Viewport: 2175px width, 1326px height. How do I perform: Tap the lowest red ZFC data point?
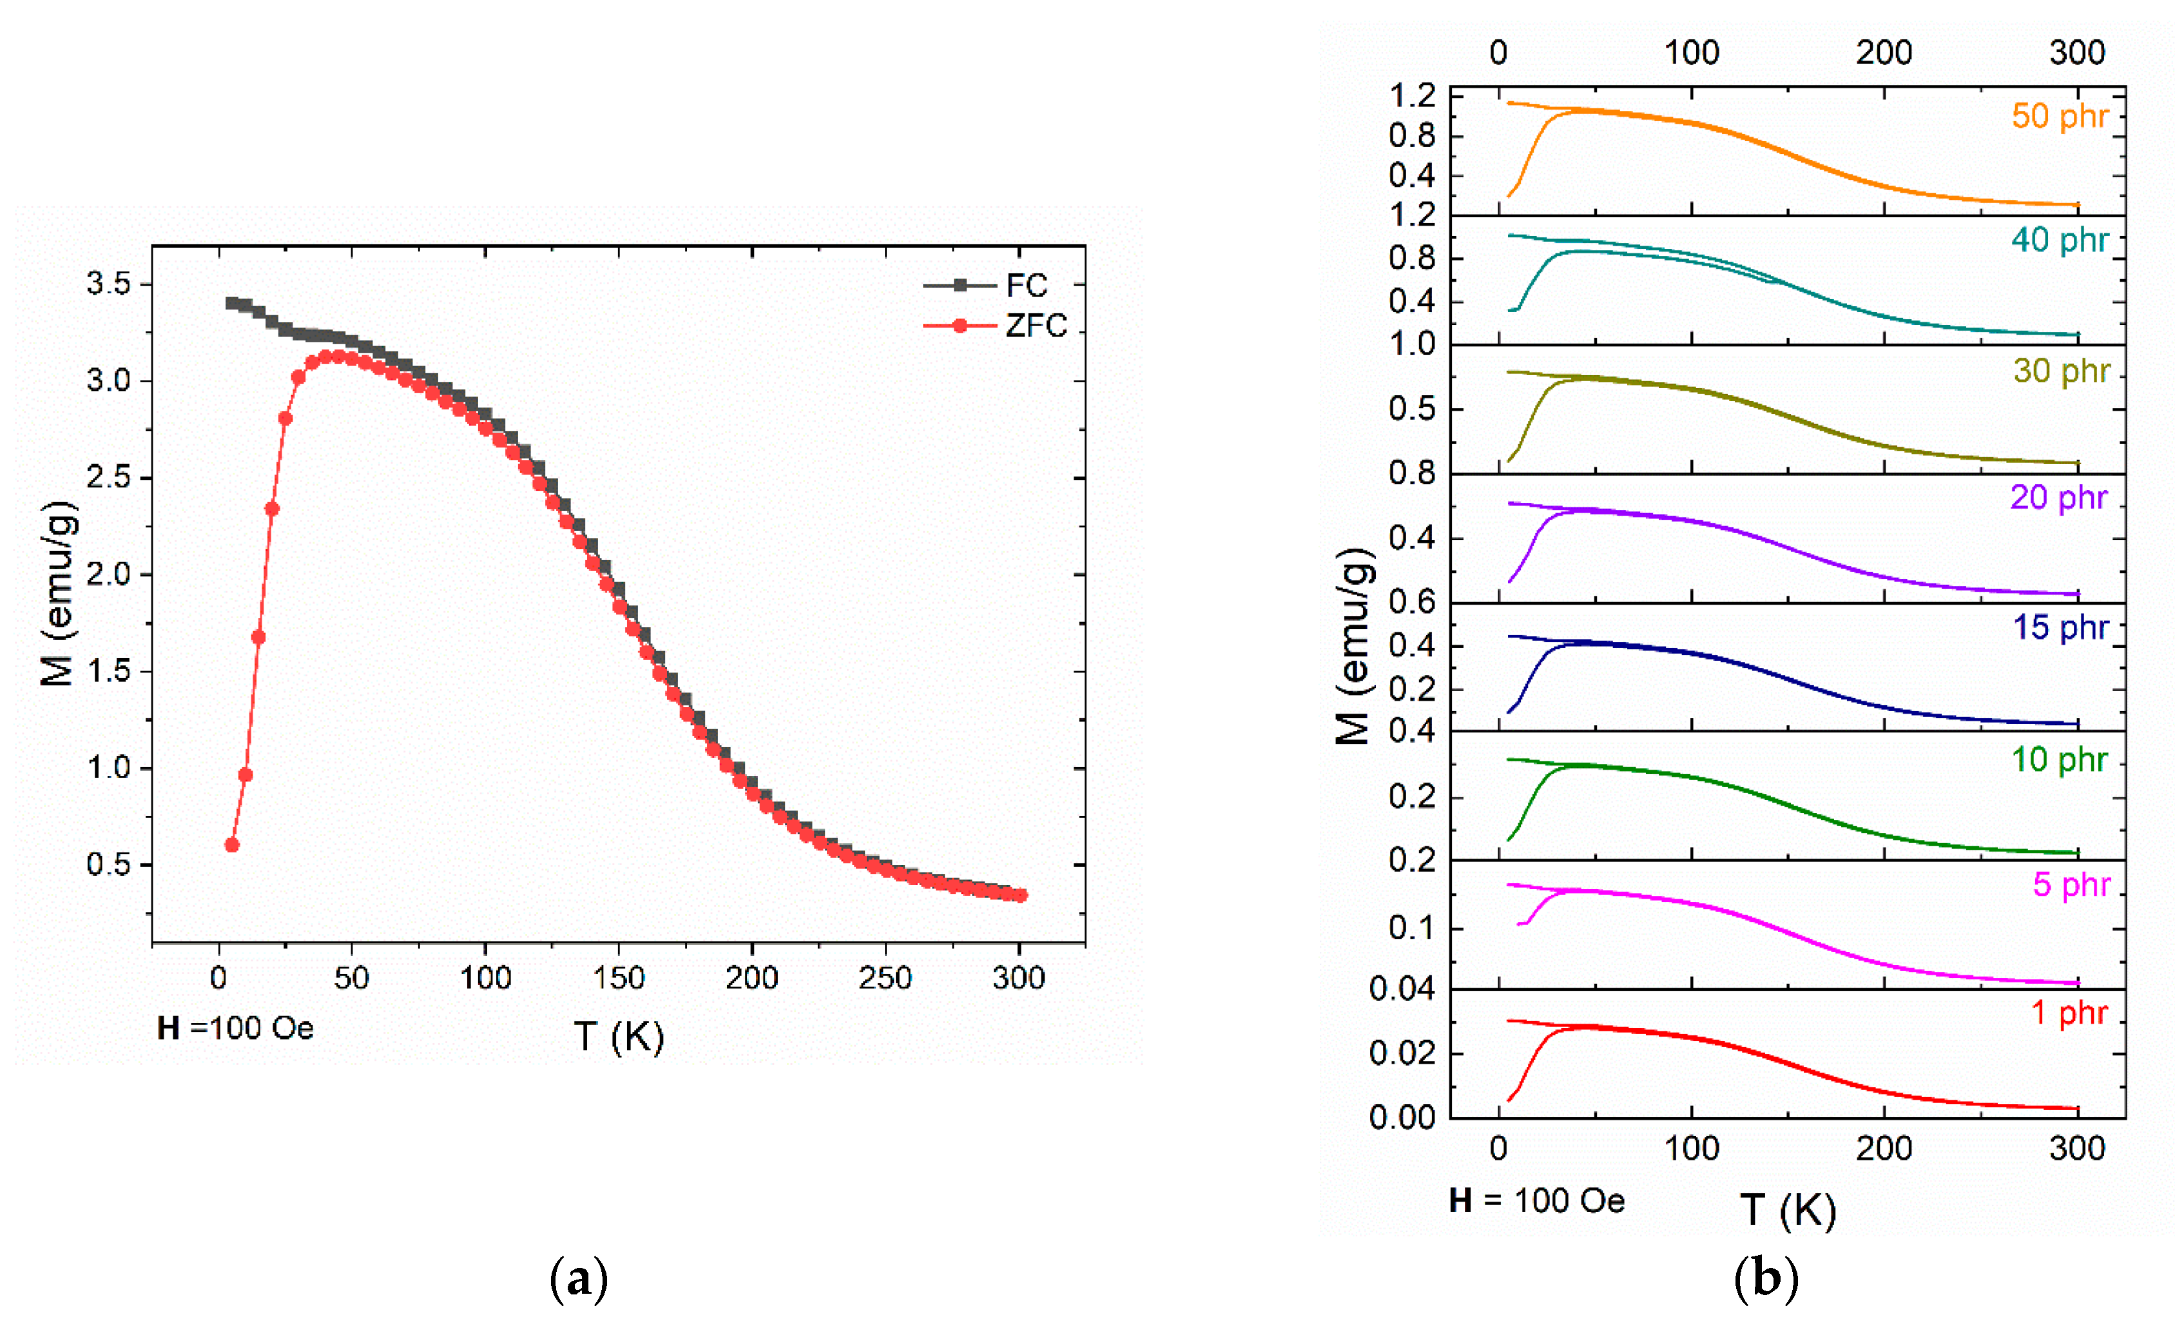click(x=232, y=845)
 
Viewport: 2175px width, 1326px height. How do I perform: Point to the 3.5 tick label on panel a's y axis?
click(x=108, y=284)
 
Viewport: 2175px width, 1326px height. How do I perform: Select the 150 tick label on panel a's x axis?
click(x=618, y=978)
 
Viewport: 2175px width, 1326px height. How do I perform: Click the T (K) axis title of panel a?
click(x=619, y=1037)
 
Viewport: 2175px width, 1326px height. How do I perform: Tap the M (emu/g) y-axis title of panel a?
click(x=58, y=593)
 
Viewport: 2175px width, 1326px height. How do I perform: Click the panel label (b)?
click(x=1765, y=1278)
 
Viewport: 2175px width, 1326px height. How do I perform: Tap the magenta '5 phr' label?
click(x=2071, y=884)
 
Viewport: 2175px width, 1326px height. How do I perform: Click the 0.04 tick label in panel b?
click(x=1402, y=990)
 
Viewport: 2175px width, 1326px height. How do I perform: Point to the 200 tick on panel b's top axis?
click(x=1884, y=53)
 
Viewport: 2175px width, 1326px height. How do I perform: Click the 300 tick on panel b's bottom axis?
click(x=2076, y=1149)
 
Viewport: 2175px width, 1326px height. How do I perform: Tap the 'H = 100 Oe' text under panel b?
click(x=1537, y=1201)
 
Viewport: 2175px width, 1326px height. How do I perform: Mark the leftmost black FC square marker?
click(x=232, y=304)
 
